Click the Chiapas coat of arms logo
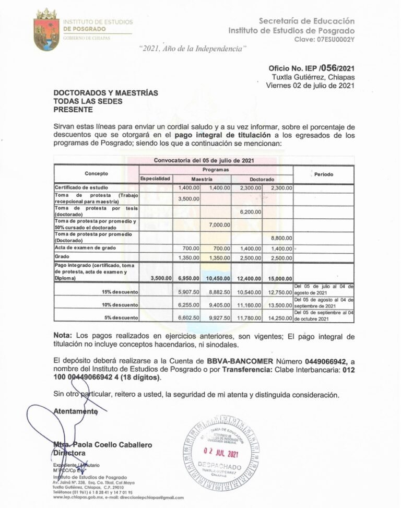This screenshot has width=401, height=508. [45, 30]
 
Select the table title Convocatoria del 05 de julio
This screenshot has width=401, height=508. [204, 160]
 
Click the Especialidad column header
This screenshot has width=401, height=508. [155, 179]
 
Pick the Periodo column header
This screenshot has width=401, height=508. [324, 174]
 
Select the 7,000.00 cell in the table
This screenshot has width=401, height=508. [219, 225]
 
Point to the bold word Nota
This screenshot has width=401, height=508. [64, 335]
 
